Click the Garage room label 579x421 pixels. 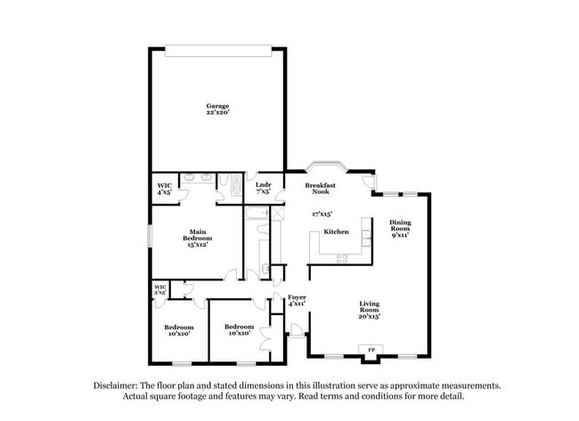tap(217, 106)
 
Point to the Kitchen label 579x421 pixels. tap(336, 231)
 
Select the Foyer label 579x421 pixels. tap(297, 296)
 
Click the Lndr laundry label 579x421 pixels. tap(263, 185)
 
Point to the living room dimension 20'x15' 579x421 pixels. tap(370, 317)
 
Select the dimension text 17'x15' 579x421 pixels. tap(322, 215)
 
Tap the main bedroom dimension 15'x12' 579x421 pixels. tap(198, 245)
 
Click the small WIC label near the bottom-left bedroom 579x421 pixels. tap(160, 288)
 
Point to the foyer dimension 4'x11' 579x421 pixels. tap(297, 304)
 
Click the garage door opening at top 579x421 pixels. tap(217, 51)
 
